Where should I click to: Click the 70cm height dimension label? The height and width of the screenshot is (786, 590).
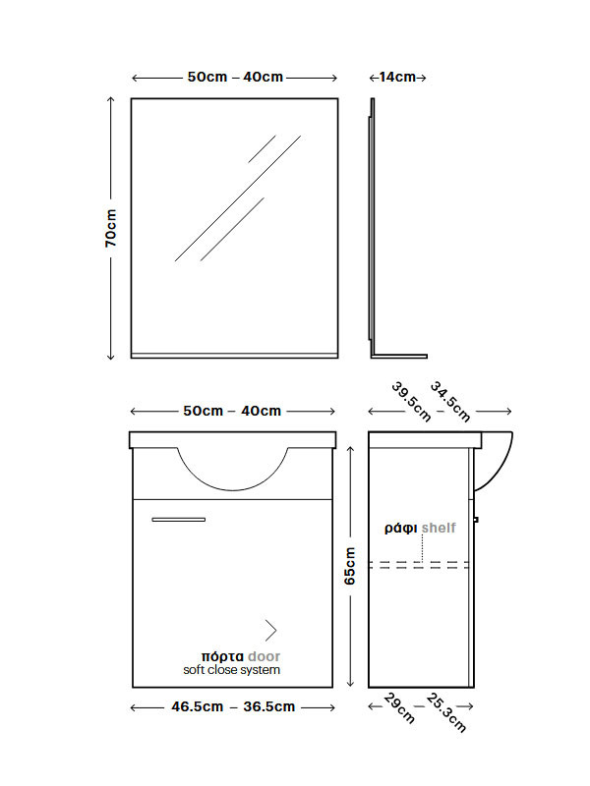(111, 228)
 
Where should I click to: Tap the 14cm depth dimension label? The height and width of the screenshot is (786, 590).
(397, 78)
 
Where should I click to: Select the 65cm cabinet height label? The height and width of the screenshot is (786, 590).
(350, 566)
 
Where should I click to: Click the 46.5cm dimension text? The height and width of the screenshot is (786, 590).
(198, 706)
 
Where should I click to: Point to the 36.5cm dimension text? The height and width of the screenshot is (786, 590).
(269, 706)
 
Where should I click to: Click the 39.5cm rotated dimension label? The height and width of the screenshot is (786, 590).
(411, 402)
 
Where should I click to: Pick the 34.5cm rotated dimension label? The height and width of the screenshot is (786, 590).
(450, 402)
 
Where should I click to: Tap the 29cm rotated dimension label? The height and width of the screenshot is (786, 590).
(400, 708)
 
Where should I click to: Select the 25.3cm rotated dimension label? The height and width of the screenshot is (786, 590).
(446, 712)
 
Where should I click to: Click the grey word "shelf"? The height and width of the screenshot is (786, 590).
(439, 528)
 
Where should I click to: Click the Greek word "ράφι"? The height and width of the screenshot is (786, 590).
(401, 529)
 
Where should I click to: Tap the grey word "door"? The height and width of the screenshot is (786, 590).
(264, 656)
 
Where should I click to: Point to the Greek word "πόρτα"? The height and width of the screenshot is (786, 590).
(222, 656)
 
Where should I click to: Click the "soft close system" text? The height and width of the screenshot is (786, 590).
(231, 670)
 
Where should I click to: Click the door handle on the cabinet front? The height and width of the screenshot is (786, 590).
(179, 520)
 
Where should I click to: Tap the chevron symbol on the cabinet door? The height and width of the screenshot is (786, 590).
(271, 631)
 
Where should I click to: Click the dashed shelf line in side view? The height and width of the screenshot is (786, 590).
(419, 565)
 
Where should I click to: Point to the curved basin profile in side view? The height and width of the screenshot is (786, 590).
(503, 472)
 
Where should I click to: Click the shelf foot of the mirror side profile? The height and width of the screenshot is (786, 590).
(400, 357)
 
